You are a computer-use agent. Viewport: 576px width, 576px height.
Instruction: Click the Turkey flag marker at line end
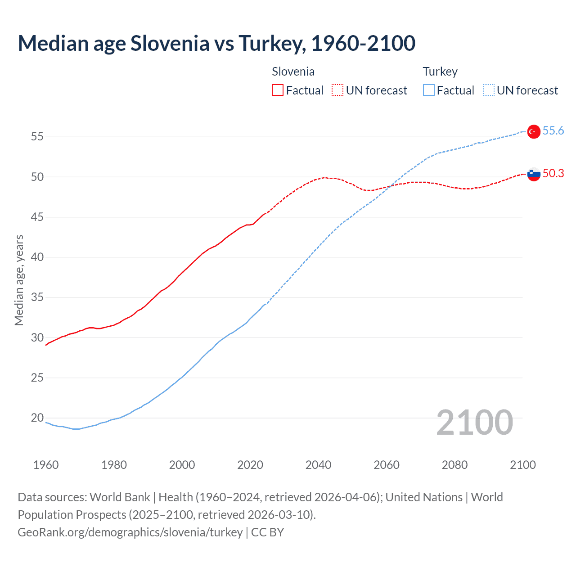click(533, 131)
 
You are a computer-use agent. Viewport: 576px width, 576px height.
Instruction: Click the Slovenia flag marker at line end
click(533, 174)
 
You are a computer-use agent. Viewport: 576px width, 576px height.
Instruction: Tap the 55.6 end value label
click(553, 130)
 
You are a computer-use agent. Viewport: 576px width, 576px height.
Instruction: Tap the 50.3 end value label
click(553, 173)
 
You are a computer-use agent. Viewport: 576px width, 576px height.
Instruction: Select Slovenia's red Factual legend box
click(278, 90)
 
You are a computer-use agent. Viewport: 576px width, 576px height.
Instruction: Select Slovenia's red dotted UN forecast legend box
click(337, 90)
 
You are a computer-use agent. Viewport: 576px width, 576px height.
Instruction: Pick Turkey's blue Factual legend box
click(429, 90)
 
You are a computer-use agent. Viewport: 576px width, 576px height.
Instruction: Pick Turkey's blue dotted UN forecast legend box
click(489, 90)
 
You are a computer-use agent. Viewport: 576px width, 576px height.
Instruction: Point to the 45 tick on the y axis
click(37, 217)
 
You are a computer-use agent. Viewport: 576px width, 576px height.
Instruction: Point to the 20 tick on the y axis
click(37, 418)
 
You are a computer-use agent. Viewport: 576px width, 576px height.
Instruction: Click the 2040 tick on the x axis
click(318, 465)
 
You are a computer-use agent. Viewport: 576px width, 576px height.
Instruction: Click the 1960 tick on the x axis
click(46, 465)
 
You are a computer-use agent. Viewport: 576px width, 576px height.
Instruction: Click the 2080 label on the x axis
click(454, 465)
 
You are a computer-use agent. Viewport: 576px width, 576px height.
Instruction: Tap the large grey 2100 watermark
click(474, 422)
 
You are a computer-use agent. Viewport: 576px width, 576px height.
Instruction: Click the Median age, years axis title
click(19, 280)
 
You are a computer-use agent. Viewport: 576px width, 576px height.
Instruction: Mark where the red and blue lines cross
click(390, 186)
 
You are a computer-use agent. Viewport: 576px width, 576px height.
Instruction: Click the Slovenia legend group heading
click(293, 72)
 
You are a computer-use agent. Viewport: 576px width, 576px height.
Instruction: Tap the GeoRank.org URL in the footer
click(130, 532)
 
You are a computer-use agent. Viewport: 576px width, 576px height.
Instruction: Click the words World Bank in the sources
click(120, 497)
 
